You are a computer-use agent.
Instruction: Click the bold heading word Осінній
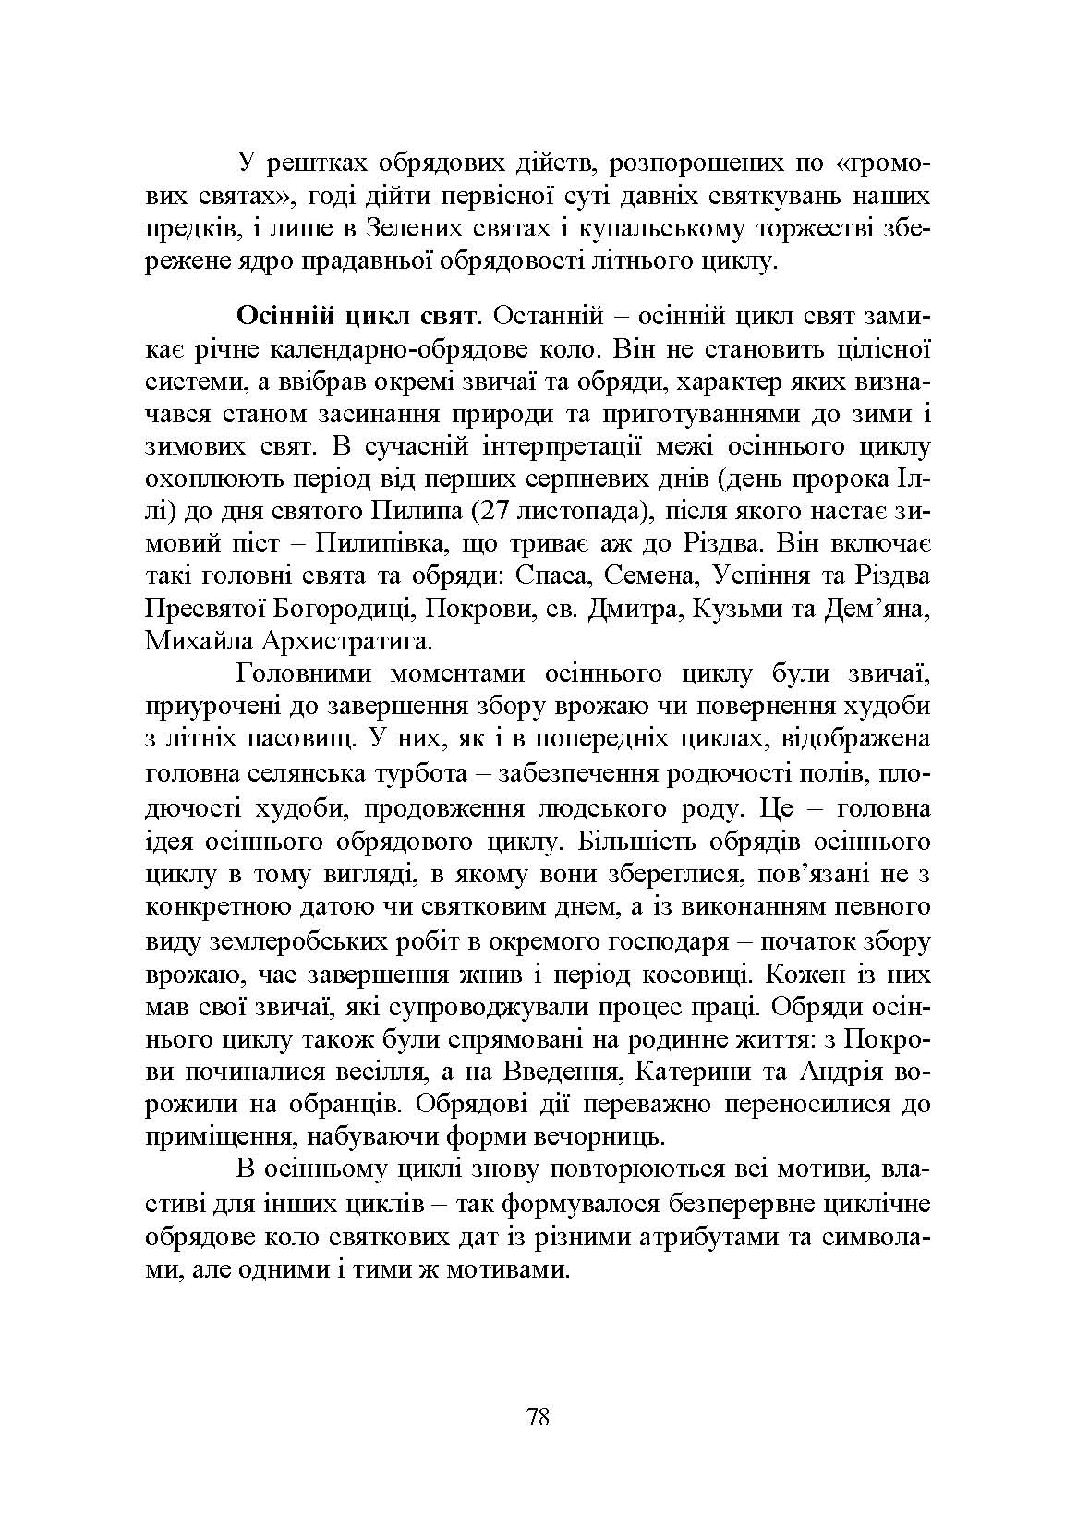pyautogui.click(x=286, y=316)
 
